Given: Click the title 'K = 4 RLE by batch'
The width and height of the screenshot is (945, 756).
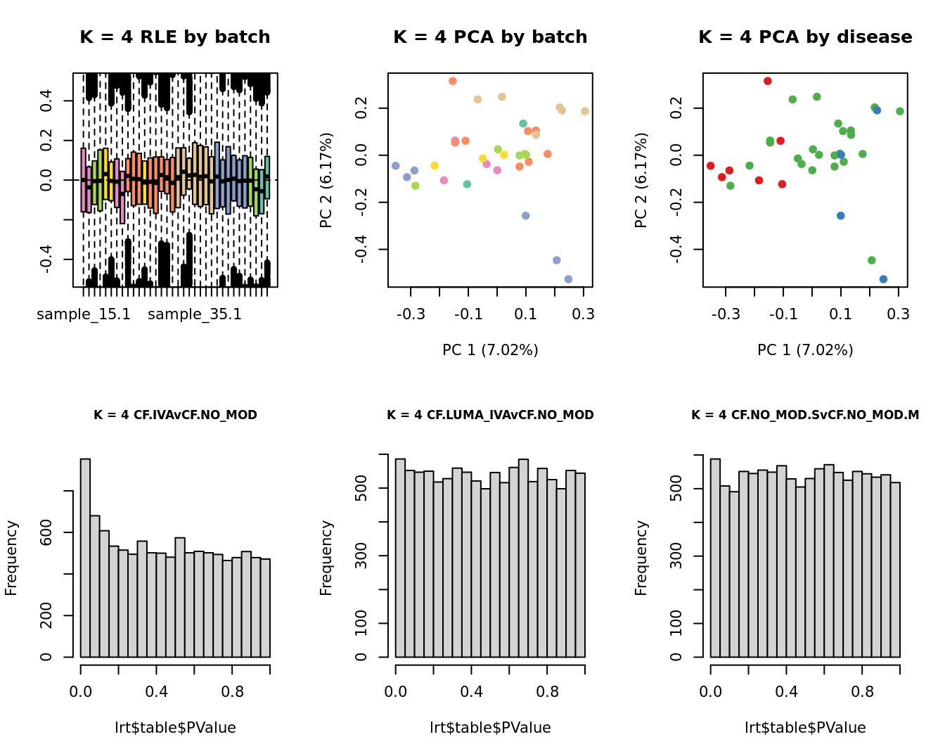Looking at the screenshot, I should (x=175, y=37).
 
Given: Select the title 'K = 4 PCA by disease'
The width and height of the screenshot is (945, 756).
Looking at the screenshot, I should (x=805, y=37).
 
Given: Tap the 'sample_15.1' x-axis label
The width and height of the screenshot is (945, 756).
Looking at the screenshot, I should (x=84, y=314).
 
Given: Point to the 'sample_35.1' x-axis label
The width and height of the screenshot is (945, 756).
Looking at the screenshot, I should (x=195, y=314).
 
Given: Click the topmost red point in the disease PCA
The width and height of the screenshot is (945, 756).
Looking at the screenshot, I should (x=768, y=82).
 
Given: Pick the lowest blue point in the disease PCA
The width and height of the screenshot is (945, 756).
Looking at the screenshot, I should (x=883, y=279).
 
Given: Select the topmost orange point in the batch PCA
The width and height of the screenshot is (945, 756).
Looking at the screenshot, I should (x=453, y=82).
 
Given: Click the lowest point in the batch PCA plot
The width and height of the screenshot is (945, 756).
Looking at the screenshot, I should (x=568, y=279).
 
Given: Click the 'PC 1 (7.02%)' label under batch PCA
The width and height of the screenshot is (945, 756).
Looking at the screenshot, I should (x=490, y=350).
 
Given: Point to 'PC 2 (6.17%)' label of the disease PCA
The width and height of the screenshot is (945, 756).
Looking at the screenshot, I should (x=641, y=180).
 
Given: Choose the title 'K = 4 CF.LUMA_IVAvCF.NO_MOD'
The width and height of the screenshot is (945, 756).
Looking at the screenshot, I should (x=490, y=415).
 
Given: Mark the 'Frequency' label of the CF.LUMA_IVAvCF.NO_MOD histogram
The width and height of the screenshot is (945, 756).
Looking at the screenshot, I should (x=326, y=558).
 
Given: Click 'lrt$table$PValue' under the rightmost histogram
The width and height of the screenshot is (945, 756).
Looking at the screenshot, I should (x=805, y=728).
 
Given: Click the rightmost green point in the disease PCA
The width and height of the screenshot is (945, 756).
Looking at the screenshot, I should (x=900, y=111).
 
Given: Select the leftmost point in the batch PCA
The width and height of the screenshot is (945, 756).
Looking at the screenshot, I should (x=395, y=166).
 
